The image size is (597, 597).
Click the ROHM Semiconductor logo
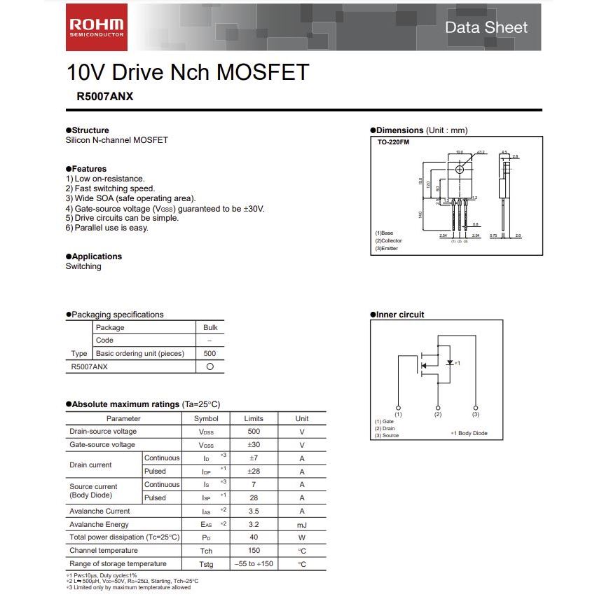click(x=97, y=27)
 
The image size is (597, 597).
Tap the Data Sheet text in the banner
click(x=486, y=28)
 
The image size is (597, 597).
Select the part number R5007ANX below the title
click(x=105, y=97)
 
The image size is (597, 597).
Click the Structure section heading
click(x=90, y=130)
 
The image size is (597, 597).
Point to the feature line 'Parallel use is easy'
click(x=107, y=228)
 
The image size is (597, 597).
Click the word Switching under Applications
click(x=83, y=266)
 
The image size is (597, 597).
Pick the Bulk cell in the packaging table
click(x=210, y=327)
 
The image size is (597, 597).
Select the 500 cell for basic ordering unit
click(x=210, y=353)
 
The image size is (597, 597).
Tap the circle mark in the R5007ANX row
click(x=210, y=366)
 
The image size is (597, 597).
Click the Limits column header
click(x=254, y=418)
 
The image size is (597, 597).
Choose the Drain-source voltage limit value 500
click(x=254, y=432)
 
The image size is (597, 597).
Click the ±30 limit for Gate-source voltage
click(x=254, y=445)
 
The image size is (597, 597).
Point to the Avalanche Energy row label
click(x=99, y=524)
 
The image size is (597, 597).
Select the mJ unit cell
click(x=302, y=525)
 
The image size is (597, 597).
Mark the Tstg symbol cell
click(x=206, y=564)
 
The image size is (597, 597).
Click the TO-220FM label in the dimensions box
click(x=393, y=142)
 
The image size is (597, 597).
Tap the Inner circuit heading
click(x=399, y=315)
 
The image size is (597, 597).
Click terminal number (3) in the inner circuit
click(x=476, y=415)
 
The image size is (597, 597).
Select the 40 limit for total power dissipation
click(x=254, y=537)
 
